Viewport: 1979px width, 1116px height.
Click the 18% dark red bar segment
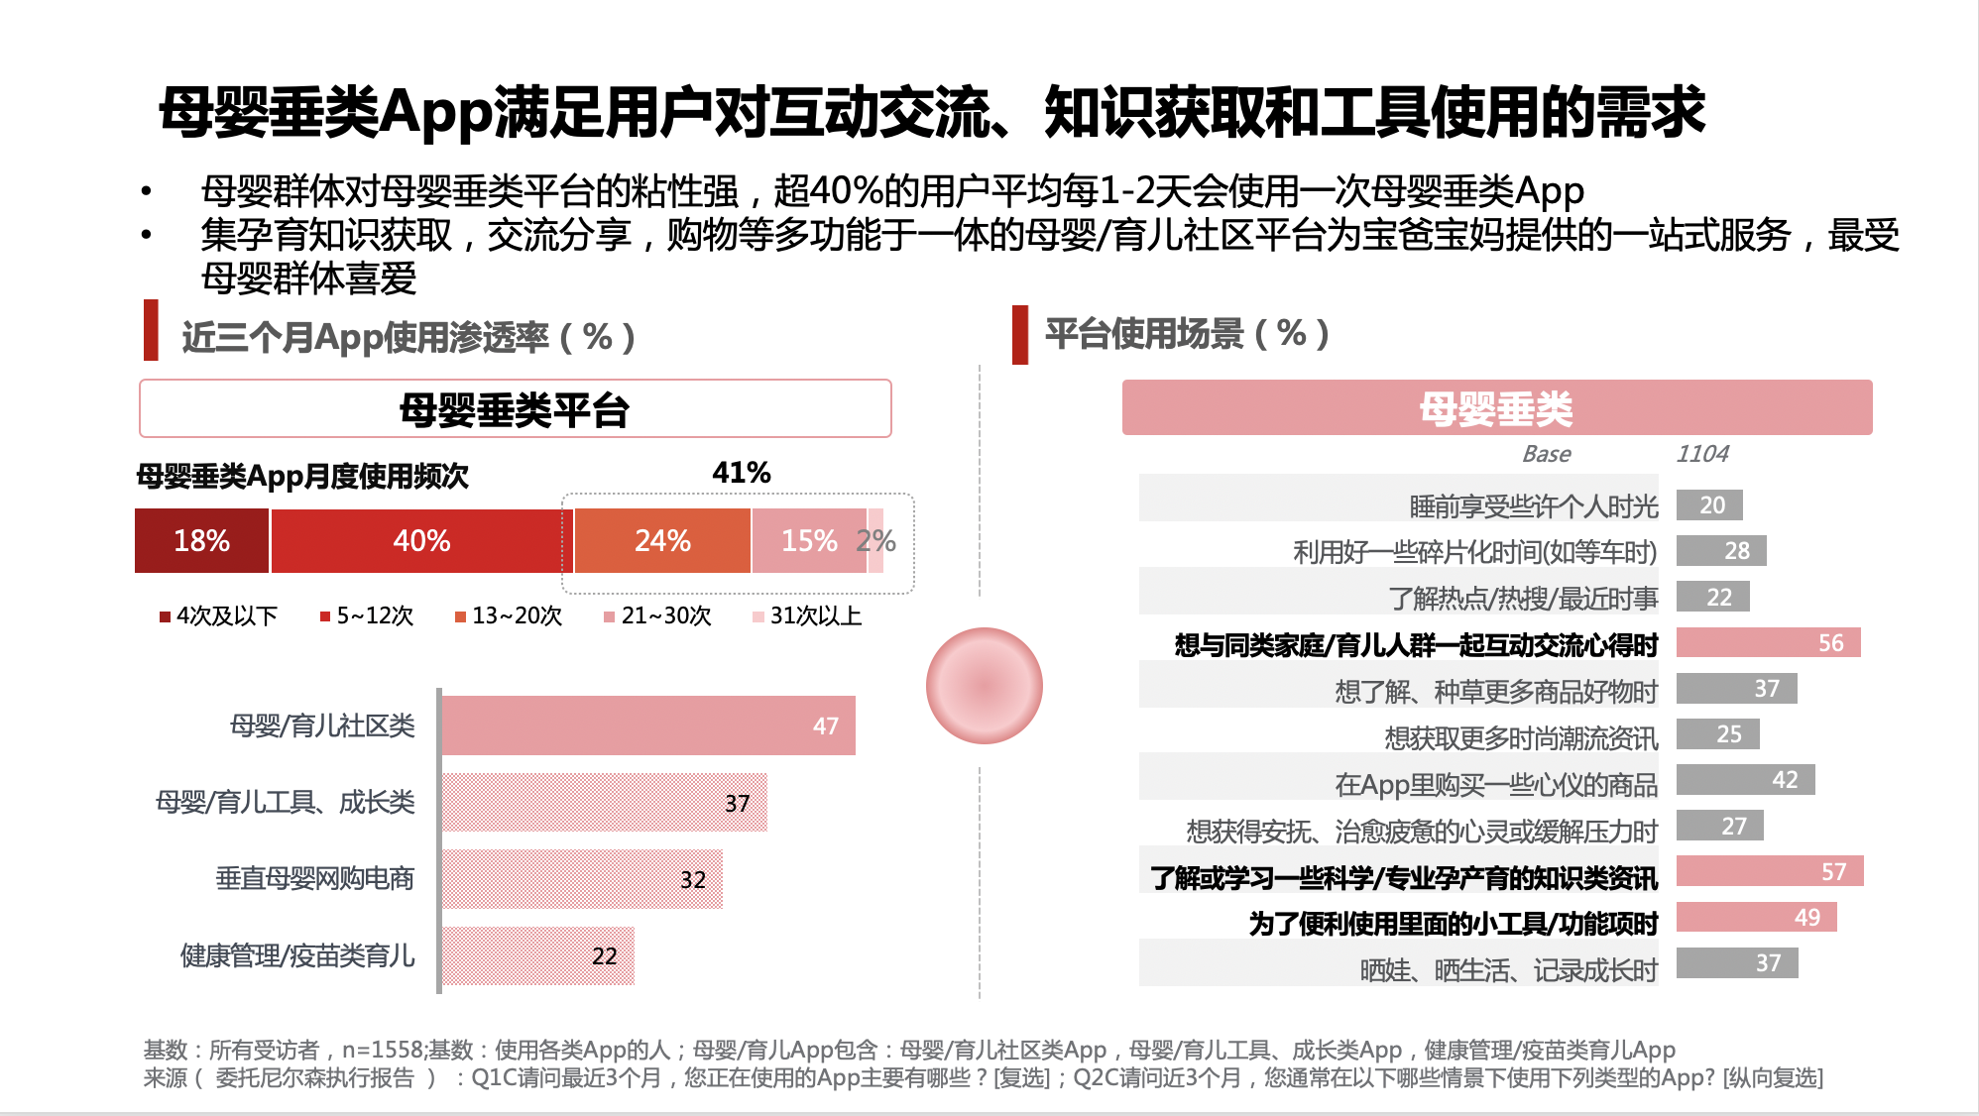coord(201,540)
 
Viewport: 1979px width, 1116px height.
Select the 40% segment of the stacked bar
coord(421,540)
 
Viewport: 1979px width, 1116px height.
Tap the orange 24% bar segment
coord(662,540)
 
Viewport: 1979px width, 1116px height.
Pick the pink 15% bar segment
coord(808,540)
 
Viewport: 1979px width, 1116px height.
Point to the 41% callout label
coord(741,473)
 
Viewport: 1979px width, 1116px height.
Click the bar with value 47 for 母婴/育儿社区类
coord(648,725)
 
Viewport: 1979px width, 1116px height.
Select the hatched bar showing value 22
coord(537,955)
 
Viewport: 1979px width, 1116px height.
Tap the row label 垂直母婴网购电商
coord(314,878)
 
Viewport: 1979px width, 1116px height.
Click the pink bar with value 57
coord(1769,871)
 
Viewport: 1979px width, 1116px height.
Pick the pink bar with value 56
coord(1768,642)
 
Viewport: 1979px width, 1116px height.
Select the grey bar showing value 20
coord(1709,504)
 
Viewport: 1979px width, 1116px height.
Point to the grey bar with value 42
coord(1745,779)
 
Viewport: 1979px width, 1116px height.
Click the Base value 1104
coord(1701,454)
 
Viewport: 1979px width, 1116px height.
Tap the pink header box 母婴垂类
coord(1496,407)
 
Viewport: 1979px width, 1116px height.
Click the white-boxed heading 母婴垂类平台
coord(515,408)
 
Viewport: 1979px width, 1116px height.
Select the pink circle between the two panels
coord(984,685)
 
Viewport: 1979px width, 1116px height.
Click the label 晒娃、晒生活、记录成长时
coord(1508,969)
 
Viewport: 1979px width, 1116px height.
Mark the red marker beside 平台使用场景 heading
coord(1019,334)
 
